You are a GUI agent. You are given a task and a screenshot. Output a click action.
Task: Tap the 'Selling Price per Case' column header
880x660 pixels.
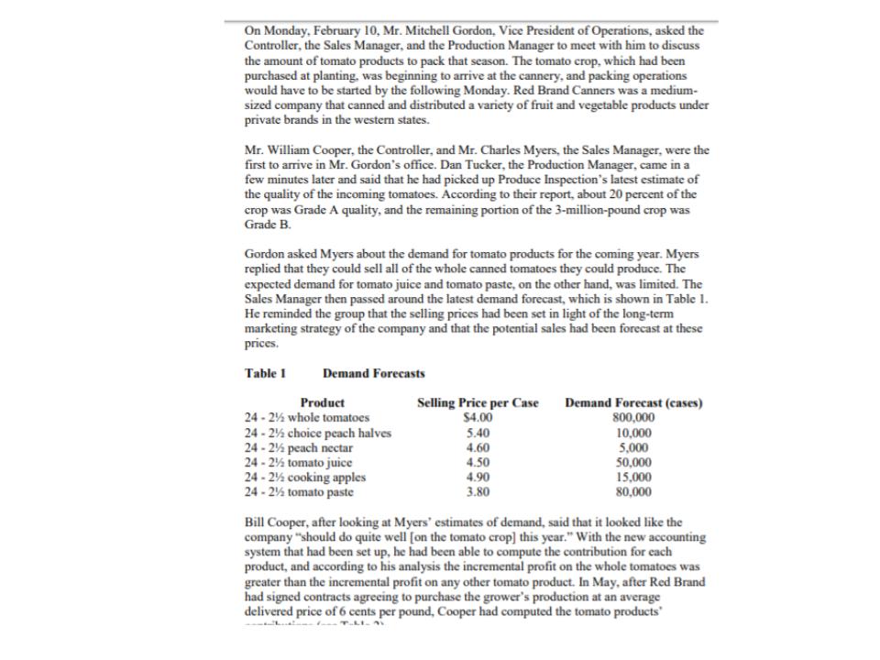point(478,402)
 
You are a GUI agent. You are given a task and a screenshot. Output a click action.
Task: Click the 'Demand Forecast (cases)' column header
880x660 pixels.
point(627,402)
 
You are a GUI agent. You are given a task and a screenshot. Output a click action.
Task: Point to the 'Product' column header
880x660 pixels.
point(323,402)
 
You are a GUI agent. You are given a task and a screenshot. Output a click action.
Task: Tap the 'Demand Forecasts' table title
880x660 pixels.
point(374,373)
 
